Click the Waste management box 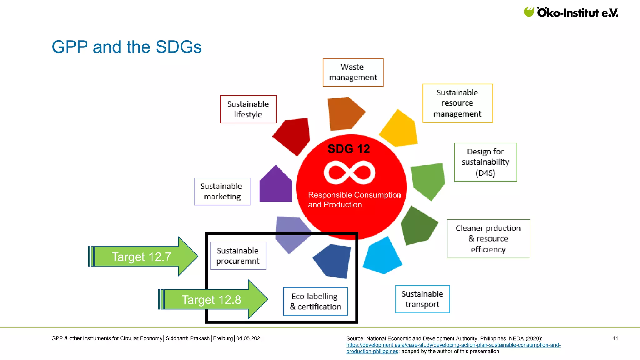pyautogui.click(x=353, y=72)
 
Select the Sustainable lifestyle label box pyautogui.click(x=248, y=109)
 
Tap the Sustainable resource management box pyautogui.click(x=457, y=103)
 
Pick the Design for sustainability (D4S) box pyautogui.click(x=485, y=162)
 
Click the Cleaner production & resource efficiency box pyautogui.click(x=488, y=239)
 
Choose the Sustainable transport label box pyautogui.click(x=422, y=299)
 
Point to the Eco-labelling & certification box pyautogui.click(x=315, y=302)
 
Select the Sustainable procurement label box pyautogui.click(x=238, y=256)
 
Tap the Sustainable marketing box pyautogui.click(x=222, y=191)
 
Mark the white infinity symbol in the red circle pyautogui.click(x=349, y=172)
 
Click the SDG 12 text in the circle pyautogui.click(x=348, y=149)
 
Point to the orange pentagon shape pyautogui.click(x=344, y=113)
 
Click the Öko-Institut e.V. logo pyautogui.click(x=571, y=12)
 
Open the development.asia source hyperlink pyautogui.click(x=453, y=345)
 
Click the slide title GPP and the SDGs pyautogui.click(x=127, y=47)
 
